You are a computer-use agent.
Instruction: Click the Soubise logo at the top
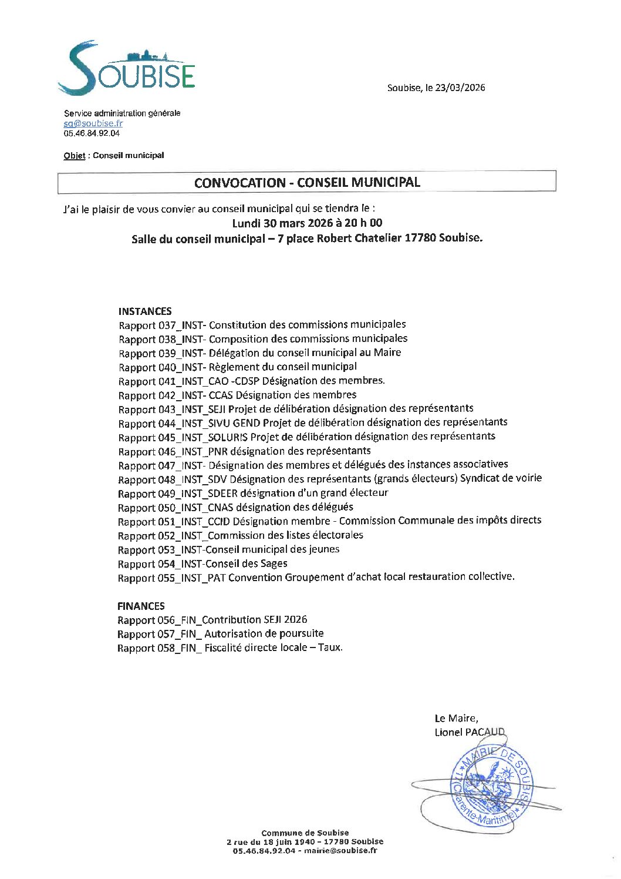(x=126, y=69)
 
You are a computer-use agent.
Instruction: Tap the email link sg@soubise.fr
(x=93, y=123)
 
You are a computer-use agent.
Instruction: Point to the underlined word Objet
(x=75, y=156)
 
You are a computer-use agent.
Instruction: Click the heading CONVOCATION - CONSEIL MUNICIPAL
(x=307, y=182)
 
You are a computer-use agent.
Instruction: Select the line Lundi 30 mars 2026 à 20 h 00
(x=307, y=223)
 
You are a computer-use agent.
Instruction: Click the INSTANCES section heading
(x=145, y=311)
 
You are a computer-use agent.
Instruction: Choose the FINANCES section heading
(x=141, y=606)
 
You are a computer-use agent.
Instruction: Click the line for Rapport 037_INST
(x=262, y=325)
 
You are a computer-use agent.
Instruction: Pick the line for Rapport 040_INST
(x=237, y=367)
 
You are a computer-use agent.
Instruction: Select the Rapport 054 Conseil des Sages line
(x=203, y=564)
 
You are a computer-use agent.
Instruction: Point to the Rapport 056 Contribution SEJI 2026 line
(x=212, y=620)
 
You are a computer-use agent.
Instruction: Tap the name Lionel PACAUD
(x=469, y=732)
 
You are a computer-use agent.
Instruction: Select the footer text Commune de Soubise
(x=305, y=833)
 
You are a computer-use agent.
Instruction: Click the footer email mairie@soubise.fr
(x=340, y=850)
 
